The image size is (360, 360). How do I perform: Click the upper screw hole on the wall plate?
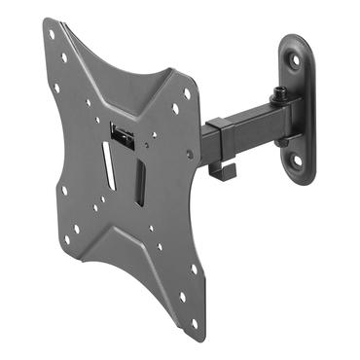[295, 58]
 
